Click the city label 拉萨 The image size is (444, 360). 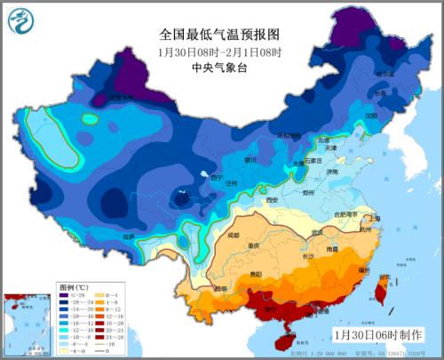click(x=129, y=236)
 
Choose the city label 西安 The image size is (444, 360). click(x=273, y=200)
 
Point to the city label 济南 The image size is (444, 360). click(x=331, y=171)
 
